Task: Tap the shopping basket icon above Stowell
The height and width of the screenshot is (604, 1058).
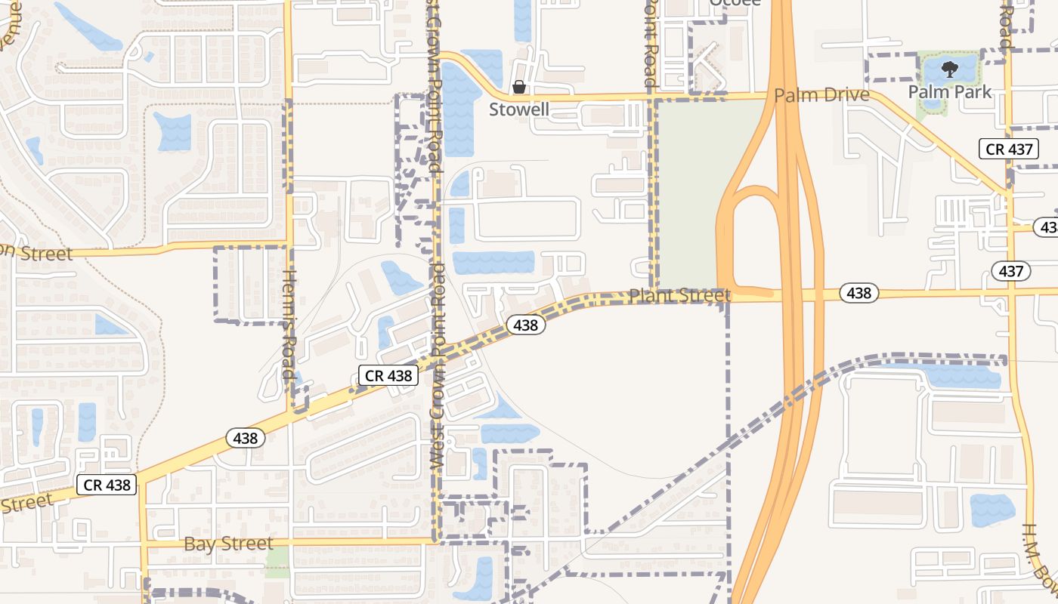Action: tap(519, 87)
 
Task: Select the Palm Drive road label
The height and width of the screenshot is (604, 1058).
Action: tap(821, 96)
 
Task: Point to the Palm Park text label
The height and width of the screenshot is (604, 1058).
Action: tap(949, 91)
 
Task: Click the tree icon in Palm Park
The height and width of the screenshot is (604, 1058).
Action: tap(950, 70)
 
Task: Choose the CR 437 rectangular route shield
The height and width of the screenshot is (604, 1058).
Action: tap(1010, 149)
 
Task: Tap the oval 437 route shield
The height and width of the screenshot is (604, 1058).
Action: tap(1010, 272)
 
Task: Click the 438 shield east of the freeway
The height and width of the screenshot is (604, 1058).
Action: tap(858, 293)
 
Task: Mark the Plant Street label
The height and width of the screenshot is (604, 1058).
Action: tap(679, 295)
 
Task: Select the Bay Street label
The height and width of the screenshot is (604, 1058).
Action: tap(228, 544)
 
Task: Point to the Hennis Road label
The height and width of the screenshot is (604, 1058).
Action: tap(289, 325)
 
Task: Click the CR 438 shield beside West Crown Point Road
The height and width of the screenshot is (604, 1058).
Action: tap(388, 375)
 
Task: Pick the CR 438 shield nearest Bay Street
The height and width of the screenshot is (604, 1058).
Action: tap(107, 485)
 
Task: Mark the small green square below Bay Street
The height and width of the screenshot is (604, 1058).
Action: tap(277, 559)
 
